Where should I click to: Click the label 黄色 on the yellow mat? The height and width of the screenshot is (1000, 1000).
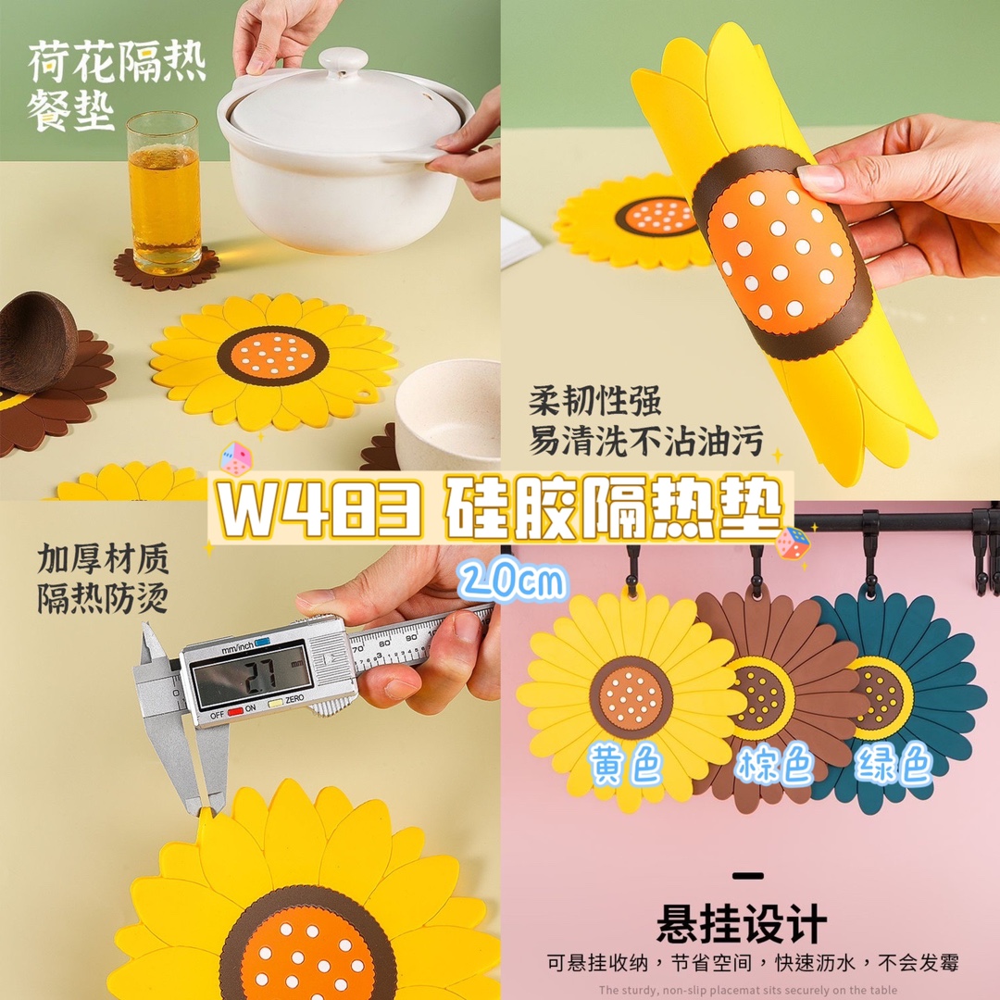tap(626, 763)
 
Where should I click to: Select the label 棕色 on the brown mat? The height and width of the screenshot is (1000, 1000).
tap(774, 763)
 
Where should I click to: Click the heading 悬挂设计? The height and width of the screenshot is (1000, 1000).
tap(742, 923)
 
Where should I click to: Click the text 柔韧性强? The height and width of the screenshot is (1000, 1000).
tap(595, 400)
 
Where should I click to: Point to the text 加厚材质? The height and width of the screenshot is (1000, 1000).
tap(103, 558)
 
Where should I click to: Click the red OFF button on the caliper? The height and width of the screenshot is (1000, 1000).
tap(235, 710)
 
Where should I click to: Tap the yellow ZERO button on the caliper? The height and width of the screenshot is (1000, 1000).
tap(275, 703)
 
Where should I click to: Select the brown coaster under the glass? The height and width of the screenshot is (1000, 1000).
tap(167, 268)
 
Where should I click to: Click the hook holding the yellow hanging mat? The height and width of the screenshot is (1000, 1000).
tap(632, 569)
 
